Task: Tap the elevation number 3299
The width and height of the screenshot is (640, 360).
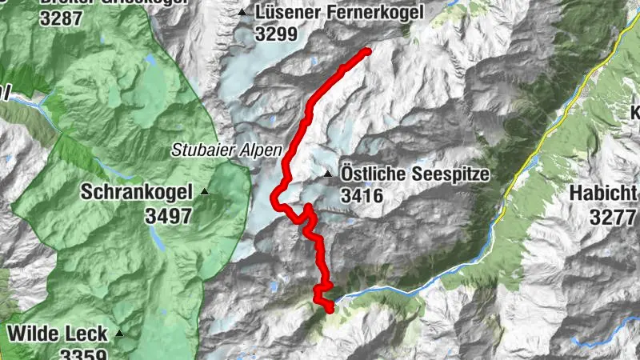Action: click(276, 34)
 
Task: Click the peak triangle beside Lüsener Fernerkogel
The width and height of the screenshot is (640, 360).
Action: click(242, 12)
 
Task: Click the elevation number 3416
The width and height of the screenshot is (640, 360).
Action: click(362, 195)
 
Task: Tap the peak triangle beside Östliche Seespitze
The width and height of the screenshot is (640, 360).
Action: click(327, 174)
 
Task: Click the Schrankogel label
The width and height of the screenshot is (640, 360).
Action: click(138, 192)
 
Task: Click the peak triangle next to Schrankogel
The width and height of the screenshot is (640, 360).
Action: click(206, 191)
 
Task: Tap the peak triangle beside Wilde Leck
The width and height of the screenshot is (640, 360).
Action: click(119, 333)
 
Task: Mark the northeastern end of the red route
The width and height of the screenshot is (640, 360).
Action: click(368, 52)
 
